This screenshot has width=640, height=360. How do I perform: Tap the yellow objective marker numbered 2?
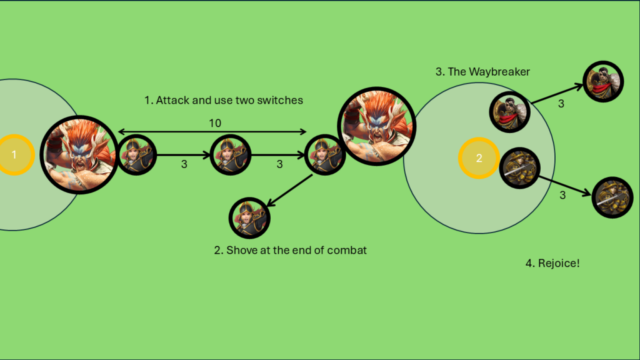479,158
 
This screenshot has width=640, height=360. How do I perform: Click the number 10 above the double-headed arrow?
214,124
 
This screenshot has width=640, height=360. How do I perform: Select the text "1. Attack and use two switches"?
223,100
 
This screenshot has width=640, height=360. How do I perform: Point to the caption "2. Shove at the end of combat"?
290,250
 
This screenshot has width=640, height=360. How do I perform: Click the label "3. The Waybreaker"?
482,72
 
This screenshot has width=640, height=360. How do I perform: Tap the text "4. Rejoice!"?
552,263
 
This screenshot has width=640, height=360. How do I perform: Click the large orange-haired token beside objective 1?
79,154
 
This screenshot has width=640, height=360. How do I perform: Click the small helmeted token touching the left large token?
136,155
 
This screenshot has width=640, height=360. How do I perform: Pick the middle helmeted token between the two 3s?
230,155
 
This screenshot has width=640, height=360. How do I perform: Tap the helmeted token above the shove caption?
249,217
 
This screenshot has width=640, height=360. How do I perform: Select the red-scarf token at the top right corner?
604,82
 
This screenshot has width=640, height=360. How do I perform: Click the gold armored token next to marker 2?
519,166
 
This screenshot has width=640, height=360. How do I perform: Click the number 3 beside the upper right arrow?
561,104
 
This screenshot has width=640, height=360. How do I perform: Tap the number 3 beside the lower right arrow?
562,195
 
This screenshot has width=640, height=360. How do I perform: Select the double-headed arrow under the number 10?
212,132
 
